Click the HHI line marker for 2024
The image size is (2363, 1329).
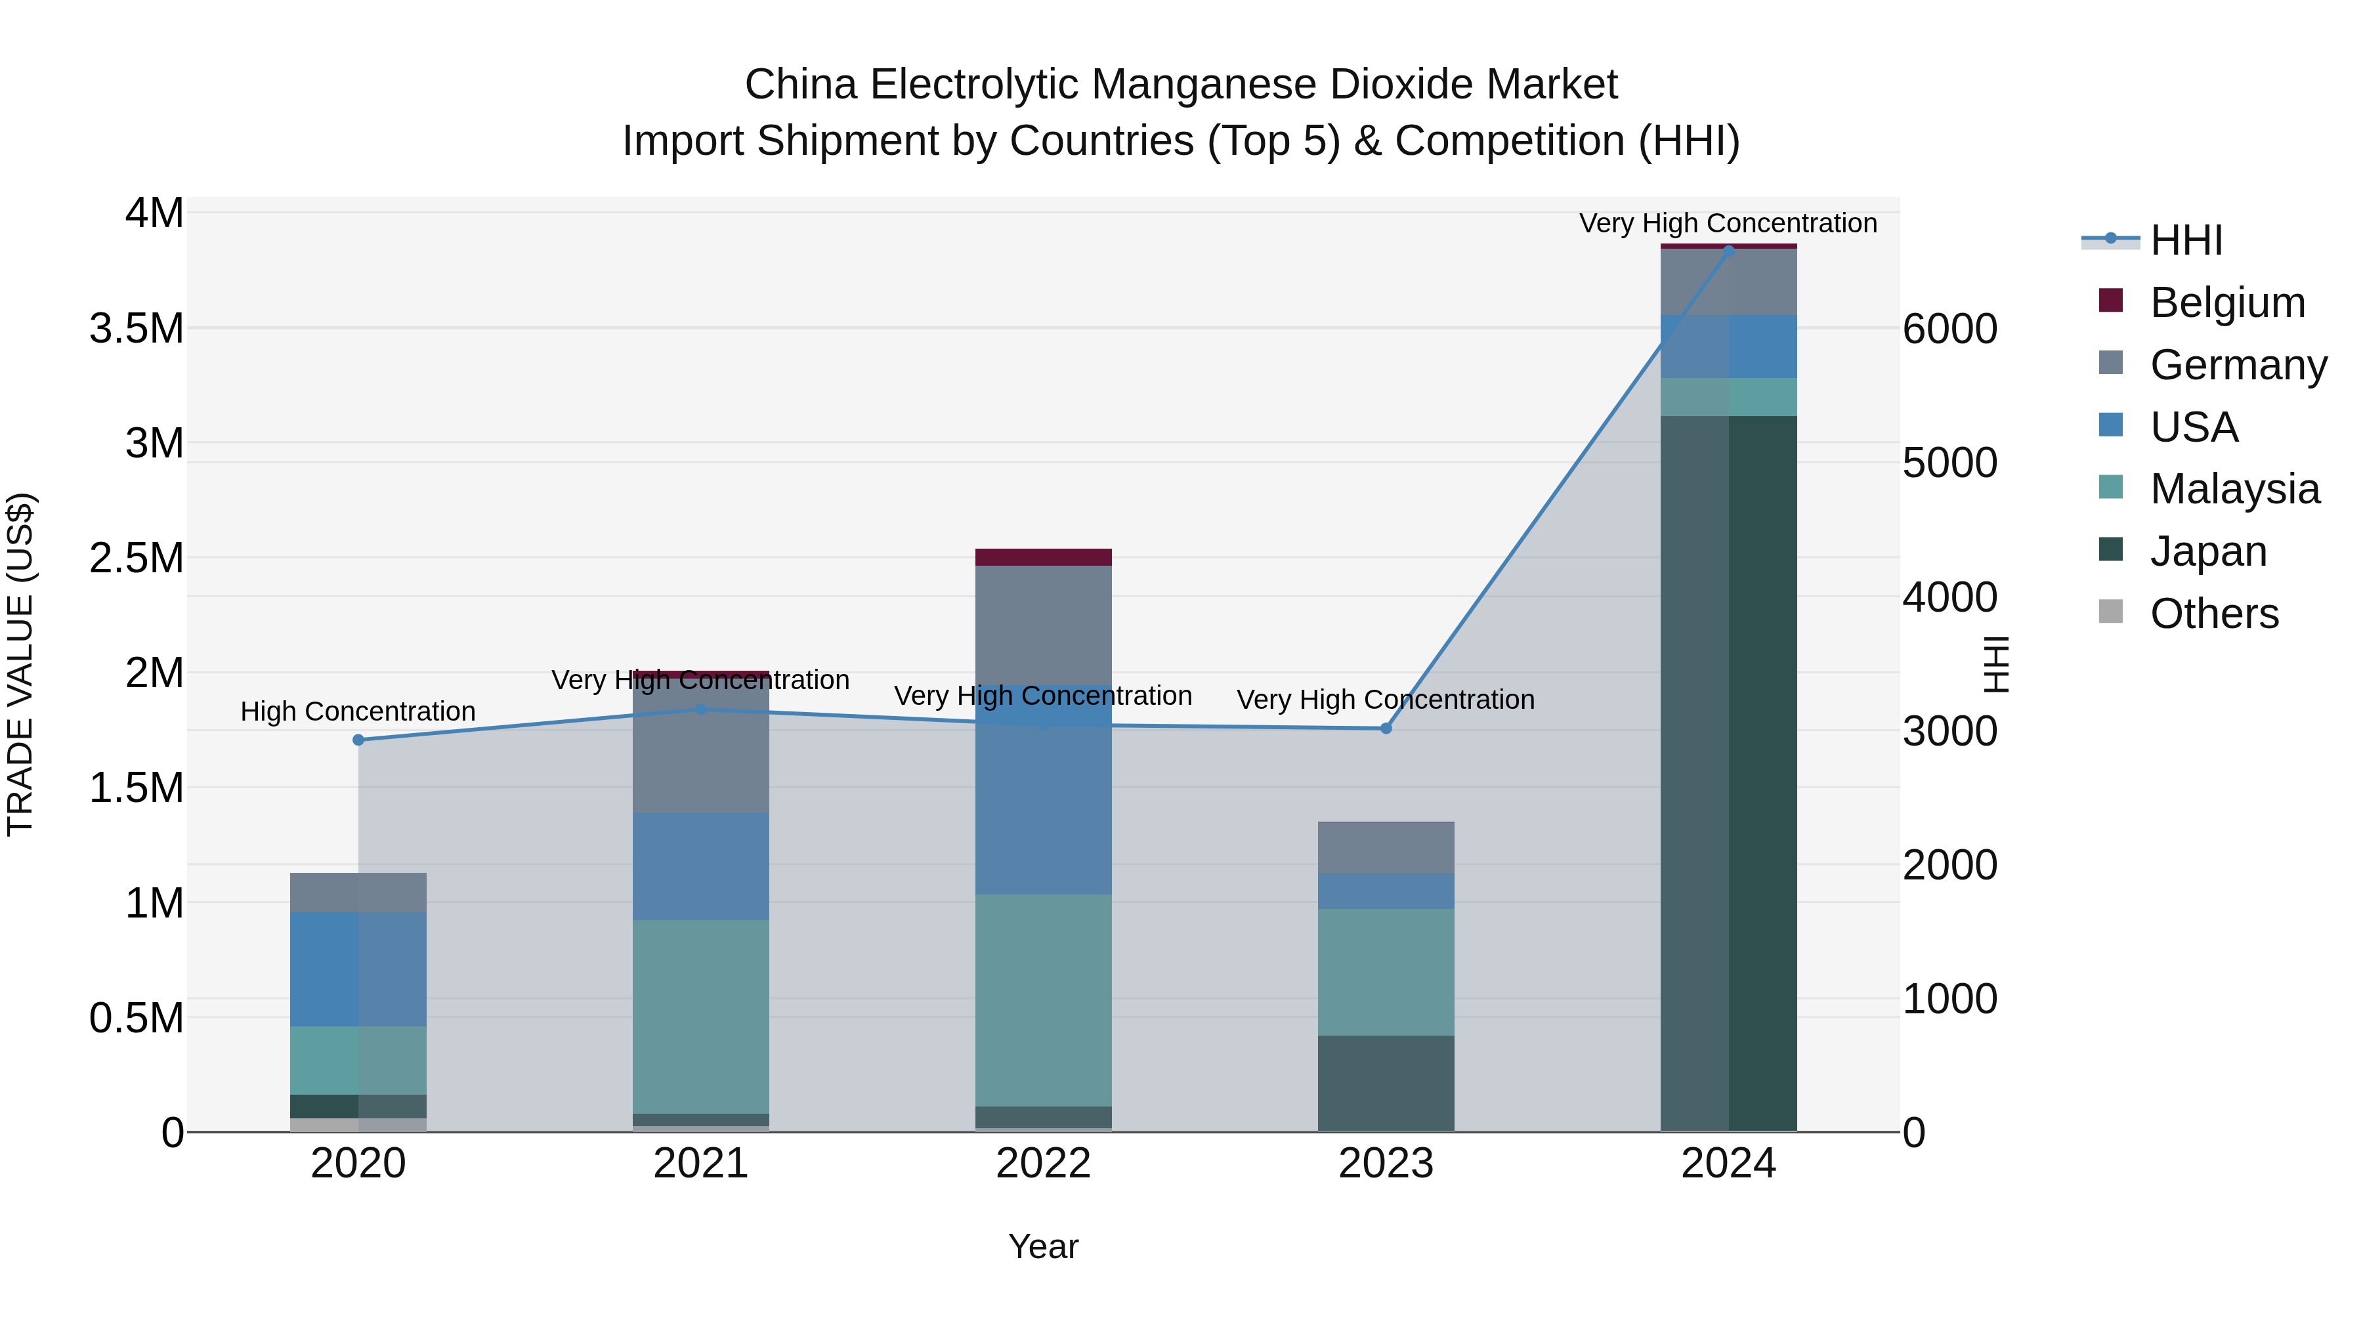(1728, 251)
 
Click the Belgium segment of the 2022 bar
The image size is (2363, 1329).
(1043, 557)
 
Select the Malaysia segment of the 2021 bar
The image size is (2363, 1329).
(701, 1016)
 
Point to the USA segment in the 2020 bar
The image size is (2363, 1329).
(358, 969)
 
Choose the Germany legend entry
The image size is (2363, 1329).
(2238, 365)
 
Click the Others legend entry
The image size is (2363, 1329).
(2213, 614)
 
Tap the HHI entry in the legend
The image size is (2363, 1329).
(2186, 240)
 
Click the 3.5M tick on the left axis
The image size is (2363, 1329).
(136, 328)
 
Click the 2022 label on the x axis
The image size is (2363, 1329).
(1043, 1164)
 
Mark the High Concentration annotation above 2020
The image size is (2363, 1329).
(358, 711)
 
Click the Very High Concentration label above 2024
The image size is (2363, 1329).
(1728, 223)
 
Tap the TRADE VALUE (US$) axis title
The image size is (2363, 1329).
(20, 664)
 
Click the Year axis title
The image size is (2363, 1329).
(1043, 1246)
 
